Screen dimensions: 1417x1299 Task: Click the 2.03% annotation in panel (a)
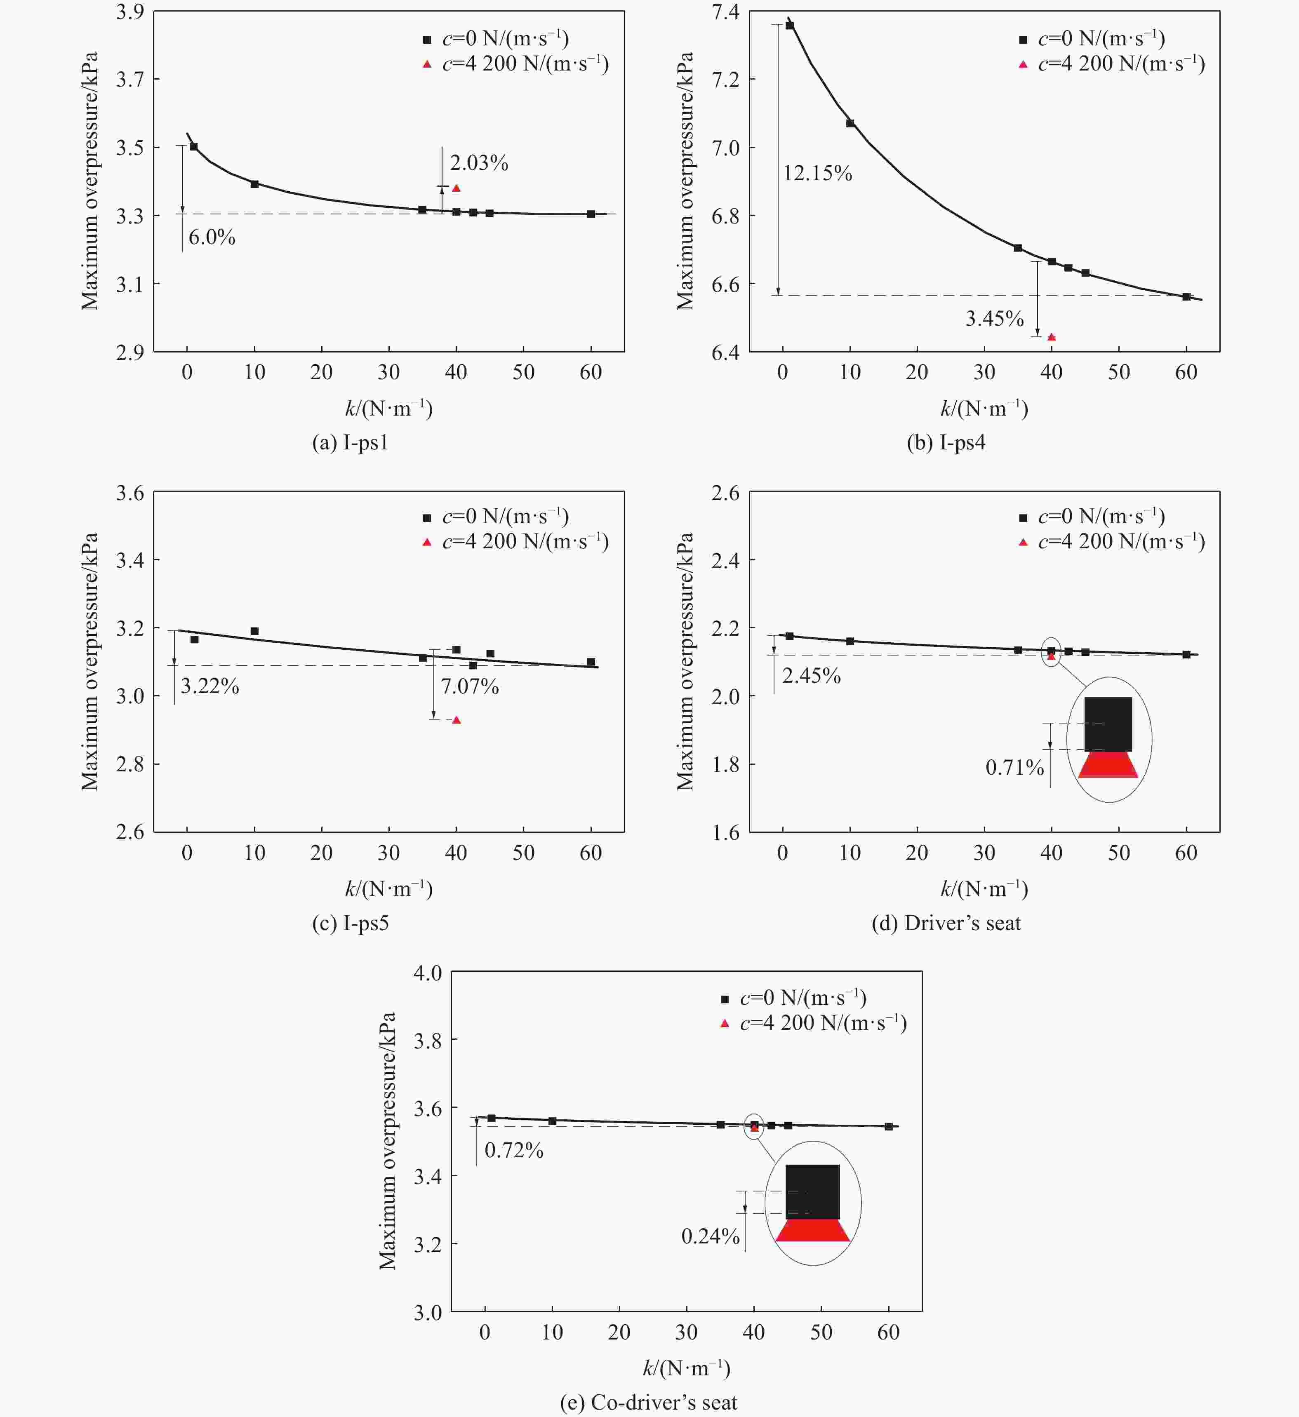pos(479,163)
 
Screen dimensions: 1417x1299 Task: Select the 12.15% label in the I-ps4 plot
pos(817,173)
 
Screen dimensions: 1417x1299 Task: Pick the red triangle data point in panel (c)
pos(456,720)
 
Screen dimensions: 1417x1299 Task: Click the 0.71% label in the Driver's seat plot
pos(1014,768)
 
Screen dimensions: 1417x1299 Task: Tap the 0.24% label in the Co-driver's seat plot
pos(710,1236)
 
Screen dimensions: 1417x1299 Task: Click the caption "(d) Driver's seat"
pos(946,923)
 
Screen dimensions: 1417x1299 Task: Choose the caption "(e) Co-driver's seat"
pos(648,1402)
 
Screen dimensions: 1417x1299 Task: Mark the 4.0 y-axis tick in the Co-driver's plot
pos(427,973)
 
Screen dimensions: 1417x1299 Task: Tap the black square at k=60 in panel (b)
pos(1186,296)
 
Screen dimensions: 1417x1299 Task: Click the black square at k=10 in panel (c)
pos(254,631)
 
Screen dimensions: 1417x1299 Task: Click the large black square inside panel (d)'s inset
pos(1108,724)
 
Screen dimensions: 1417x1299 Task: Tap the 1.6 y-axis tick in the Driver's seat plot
pos(725,833)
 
